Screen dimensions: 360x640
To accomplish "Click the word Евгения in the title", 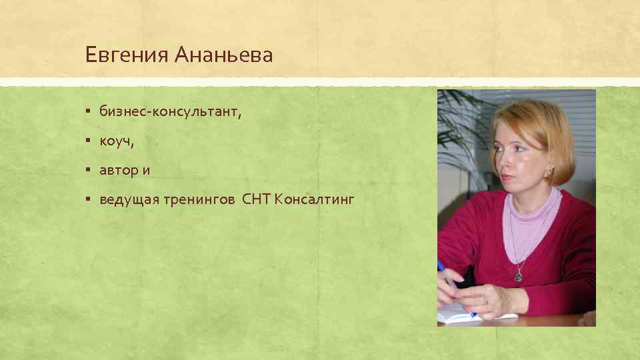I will [127, 55].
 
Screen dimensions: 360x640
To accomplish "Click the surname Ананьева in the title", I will [223, 55].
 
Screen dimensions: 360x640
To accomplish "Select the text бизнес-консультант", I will [170, 112].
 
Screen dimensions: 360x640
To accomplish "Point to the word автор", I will [117, 170].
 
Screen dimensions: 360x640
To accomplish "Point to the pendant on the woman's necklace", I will [518, 276].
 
